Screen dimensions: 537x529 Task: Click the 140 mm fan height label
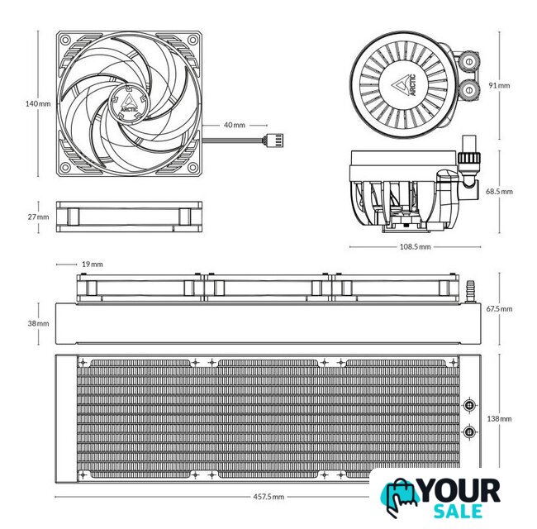coord(38,103)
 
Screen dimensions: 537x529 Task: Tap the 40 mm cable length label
coord(235,125)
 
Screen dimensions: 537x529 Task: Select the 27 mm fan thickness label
coord(38,217)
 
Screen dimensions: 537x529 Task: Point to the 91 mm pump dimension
coord(499,85)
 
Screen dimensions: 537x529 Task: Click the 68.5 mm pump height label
coord(499,191)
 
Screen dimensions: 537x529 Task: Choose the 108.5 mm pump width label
coord(415,246)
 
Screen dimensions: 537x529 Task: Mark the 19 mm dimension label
coord(93,264)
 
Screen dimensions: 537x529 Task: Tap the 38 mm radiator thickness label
coord(38,323)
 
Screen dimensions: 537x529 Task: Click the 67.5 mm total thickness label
coord(499,308)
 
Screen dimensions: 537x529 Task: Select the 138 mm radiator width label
coord(499,419)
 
